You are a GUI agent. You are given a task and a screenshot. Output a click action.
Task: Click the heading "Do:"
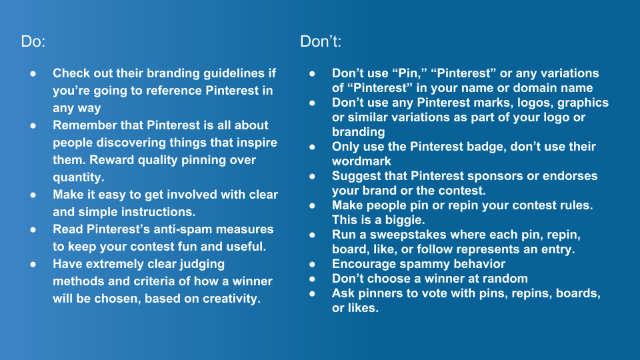point(33,41)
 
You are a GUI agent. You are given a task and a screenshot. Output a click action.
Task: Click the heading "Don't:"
point(321,41)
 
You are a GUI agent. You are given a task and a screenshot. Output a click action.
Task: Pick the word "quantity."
point(79,177)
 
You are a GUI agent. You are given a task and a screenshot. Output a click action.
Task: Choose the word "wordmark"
point(361,161)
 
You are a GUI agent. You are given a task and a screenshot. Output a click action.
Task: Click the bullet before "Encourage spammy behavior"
point(312,265)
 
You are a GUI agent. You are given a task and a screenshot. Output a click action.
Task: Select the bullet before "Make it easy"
point(33,195)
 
